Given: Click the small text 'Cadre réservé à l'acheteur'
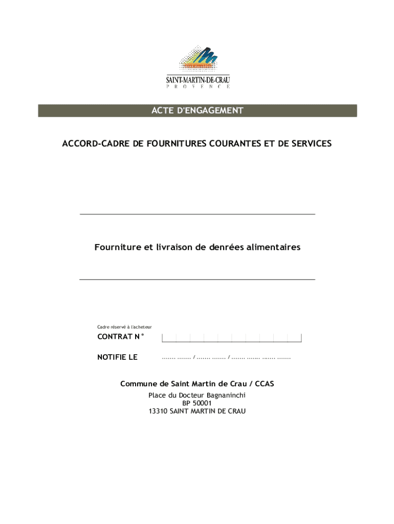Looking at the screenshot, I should tap(124, 327).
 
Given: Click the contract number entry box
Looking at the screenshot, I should tap(231, 338).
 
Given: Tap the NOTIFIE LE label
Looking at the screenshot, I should tap(117, 358).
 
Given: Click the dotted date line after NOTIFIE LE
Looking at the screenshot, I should tap(226, 358).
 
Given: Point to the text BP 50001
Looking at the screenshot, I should tap(197, 403).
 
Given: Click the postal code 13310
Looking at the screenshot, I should tap(158, 411).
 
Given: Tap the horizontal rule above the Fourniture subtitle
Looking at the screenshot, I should tap(197, 214).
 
